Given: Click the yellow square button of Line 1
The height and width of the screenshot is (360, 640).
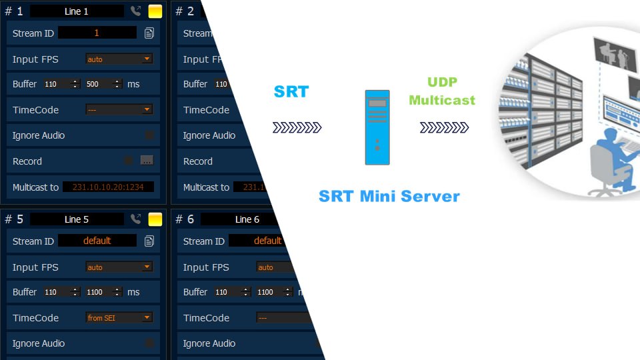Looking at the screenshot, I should click(x=155, y=11).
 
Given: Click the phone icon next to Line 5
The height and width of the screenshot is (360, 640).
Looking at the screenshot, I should click(x=136, y=219).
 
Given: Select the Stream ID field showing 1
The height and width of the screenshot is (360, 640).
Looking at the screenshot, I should click(x=97, y=33).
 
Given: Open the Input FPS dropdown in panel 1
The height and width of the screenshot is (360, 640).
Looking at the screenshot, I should click(x=119, y=59).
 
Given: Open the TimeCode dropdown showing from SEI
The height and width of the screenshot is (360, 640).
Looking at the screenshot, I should click(x=119, y=318).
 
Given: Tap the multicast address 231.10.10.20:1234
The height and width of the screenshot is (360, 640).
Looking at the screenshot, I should click(x=108, y=187).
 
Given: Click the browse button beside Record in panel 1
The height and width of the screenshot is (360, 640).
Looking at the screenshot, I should click(x=147, y=161).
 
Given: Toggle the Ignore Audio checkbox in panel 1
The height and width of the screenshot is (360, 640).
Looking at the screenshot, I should click(x=149, y=135).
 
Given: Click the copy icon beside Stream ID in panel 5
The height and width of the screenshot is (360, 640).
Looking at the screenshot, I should click(x=149, y=241).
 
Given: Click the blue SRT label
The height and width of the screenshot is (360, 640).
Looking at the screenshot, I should click(x=291, y=92).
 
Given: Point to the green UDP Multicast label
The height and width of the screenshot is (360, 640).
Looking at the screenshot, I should click(x=442, y=92).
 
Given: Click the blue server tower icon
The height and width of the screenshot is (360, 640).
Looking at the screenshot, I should click(x=377, y=127).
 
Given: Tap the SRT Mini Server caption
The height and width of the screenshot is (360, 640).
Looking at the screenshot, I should click(x=389, y=196).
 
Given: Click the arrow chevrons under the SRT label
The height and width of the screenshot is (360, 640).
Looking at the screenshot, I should click(x=297, y=127).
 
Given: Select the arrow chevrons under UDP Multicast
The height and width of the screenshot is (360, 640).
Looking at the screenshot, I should click(x=444, y=127).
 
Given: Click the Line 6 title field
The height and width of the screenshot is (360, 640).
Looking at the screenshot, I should click(x=247, y=219).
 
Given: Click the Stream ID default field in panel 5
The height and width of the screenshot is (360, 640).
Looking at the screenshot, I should click(x=97, y=241).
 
